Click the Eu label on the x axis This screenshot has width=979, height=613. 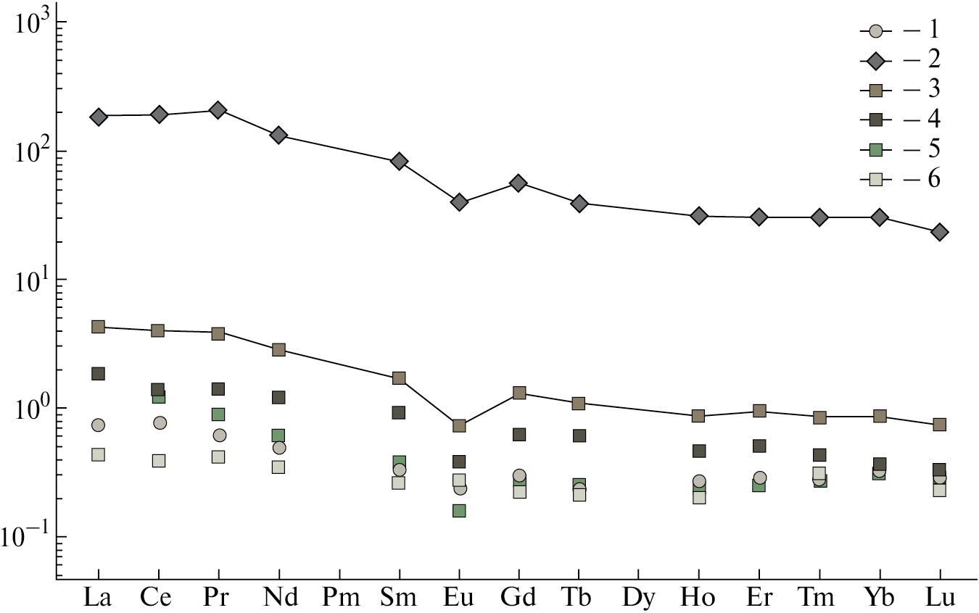tap(458, 599)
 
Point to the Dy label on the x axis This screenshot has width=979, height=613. tap(638, 599)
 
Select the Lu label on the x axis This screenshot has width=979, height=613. tap(939, 599)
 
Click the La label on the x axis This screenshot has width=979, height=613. tap(97, 599)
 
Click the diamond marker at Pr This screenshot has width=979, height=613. tap(218, 110)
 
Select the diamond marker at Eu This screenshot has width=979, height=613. tap(459, 202)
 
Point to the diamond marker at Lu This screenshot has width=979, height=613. tap(940, 232)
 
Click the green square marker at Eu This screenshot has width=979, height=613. tap(459, 511)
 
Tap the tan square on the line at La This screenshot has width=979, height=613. tap(98, 327)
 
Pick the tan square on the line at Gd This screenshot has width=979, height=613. tap(519, 393)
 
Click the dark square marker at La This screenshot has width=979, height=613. tap(98, 374)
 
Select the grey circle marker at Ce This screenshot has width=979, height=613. tap(160, 422)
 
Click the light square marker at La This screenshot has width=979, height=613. tap(98, 454)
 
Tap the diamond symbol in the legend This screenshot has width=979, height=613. tap(876, 61)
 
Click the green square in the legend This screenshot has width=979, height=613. tap(876, 149)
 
